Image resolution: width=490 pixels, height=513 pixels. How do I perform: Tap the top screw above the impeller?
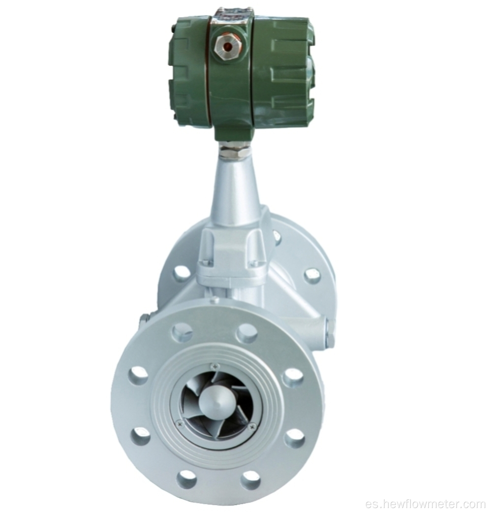point(213,366)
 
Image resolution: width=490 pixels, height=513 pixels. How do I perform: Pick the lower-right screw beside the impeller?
point(252,426)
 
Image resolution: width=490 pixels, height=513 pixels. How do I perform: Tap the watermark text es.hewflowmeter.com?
point(431,503)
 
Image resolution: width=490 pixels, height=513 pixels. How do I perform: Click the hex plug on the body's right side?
point(330,333)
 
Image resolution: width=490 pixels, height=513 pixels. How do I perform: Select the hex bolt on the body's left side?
point(144,320)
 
